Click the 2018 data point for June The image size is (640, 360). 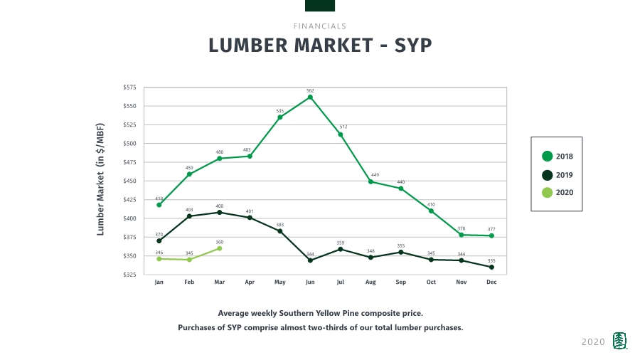(x=310, y=97)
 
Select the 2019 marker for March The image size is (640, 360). (x=219, y=212)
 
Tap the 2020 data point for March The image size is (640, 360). (x=220, y=248)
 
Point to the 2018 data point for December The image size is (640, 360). (x=491, y=235)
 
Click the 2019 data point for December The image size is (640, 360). (x=491, y=267)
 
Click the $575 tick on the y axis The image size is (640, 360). (x=130, y=87)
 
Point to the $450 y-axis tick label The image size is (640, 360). (x=130, y=181)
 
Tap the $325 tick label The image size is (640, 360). (x=130, y=275)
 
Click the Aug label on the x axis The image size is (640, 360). (x=370, y=282)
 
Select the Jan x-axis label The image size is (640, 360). (x=159, y=282)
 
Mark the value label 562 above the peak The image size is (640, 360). (x=310, y=90)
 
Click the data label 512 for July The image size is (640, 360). (x=343, y=127)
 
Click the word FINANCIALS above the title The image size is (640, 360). (x=320, y=26)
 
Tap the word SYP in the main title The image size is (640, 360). (x=412, y=46)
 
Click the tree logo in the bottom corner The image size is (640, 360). (x=621, y=342)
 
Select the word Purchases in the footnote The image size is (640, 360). (x=202, y=328)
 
